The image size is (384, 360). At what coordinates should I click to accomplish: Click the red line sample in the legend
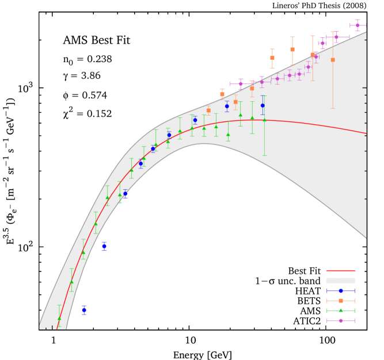point(340,270)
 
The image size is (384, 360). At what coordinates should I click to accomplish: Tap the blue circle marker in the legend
point(341,290)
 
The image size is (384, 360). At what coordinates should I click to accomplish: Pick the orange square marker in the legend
point(341,301)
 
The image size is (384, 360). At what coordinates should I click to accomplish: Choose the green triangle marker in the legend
point(341,311)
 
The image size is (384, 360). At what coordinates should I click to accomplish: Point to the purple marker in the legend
point(341,320)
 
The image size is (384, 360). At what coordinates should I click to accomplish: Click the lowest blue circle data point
point(84,310)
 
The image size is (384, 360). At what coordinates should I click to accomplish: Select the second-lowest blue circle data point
point(104,246)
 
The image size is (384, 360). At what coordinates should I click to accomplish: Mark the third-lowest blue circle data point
point(125,194)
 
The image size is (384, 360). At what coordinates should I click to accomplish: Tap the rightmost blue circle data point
point(263,105)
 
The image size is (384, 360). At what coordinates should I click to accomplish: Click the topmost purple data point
point(358,25)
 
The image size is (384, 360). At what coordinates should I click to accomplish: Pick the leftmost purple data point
point(241,83)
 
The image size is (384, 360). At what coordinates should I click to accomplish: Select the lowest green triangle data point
point(59,319)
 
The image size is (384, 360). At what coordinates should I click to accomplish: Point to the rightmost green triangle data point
point(265,120)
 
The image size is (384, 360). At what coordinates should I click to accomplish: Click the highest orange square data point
point(292,49)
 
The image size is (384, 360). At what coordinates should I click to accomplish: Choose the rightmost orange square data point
point(333,60)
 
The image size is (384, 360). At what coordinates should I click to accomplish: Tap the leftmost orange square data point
point(208,110)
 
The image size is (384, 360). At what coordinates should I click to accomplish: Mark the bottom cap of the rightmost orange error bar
point(333,108)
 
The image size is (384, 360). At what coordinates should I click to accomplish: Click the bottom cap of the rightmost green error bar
point(265,155)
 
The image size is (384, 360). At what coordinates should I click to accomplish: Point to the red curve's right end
point(366,133)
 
